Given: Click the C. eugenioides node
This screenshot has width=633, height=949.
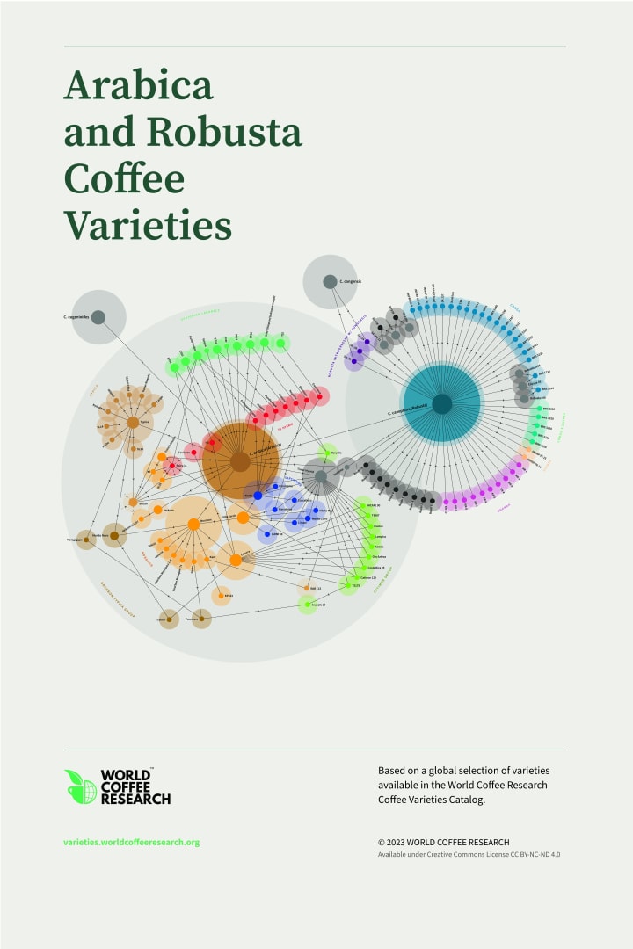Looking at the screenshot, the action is click(98, 317).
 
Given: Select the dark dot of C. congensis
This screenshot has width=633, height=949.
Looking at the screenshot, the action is click(330, 282).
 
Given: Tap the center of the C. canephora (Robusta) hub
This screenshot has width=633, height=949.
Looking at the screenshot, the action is click(442, 403).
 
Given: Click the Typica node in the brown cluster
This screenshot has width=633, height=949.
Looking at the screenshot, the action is click(132, 423).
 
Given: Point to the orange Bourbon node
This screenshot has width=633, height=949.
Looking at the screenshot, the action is click(193, 525).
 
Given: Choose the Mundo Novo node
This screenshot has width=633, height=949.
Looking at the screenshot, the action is click(113, 535).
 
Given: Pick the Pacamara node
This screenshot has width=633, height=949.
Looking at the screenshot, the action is click(201, 619).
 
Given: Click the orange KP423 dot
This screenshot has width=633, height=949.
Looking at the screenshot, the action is click(221, 597).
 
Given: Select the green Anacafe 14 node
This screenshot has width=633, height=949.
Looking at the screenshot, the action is click(307, 605).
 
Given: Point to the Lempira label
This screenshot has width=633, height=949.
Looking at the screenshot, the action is click(380, 536).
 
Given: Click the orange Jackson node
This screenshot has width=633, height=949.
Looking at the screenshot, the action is click(157, 510).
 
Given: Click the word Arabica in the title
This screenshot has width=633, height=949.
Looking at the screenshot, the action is click(138, 86).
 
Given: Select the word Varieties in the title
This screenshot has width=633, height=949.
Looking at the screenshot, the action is click(148, 225).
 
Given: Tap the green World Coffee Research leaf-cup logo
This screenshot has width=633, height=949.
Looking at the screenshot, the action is click(80, 786).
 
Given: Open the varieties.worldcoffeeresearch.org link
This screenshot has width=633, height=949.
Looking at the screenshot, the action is click(132, 842).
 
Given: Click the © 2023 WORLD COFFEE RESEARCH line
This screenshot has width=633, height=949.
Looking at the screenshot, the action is click(443, 842).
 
